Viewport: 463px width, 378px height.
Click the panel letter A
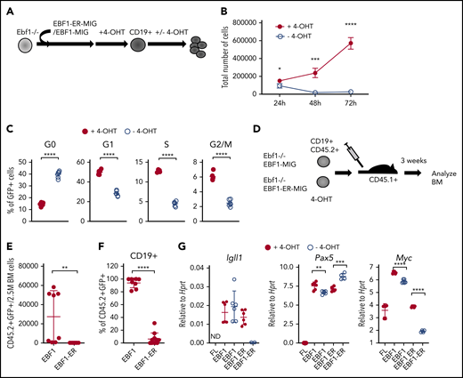pos(8,7)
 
